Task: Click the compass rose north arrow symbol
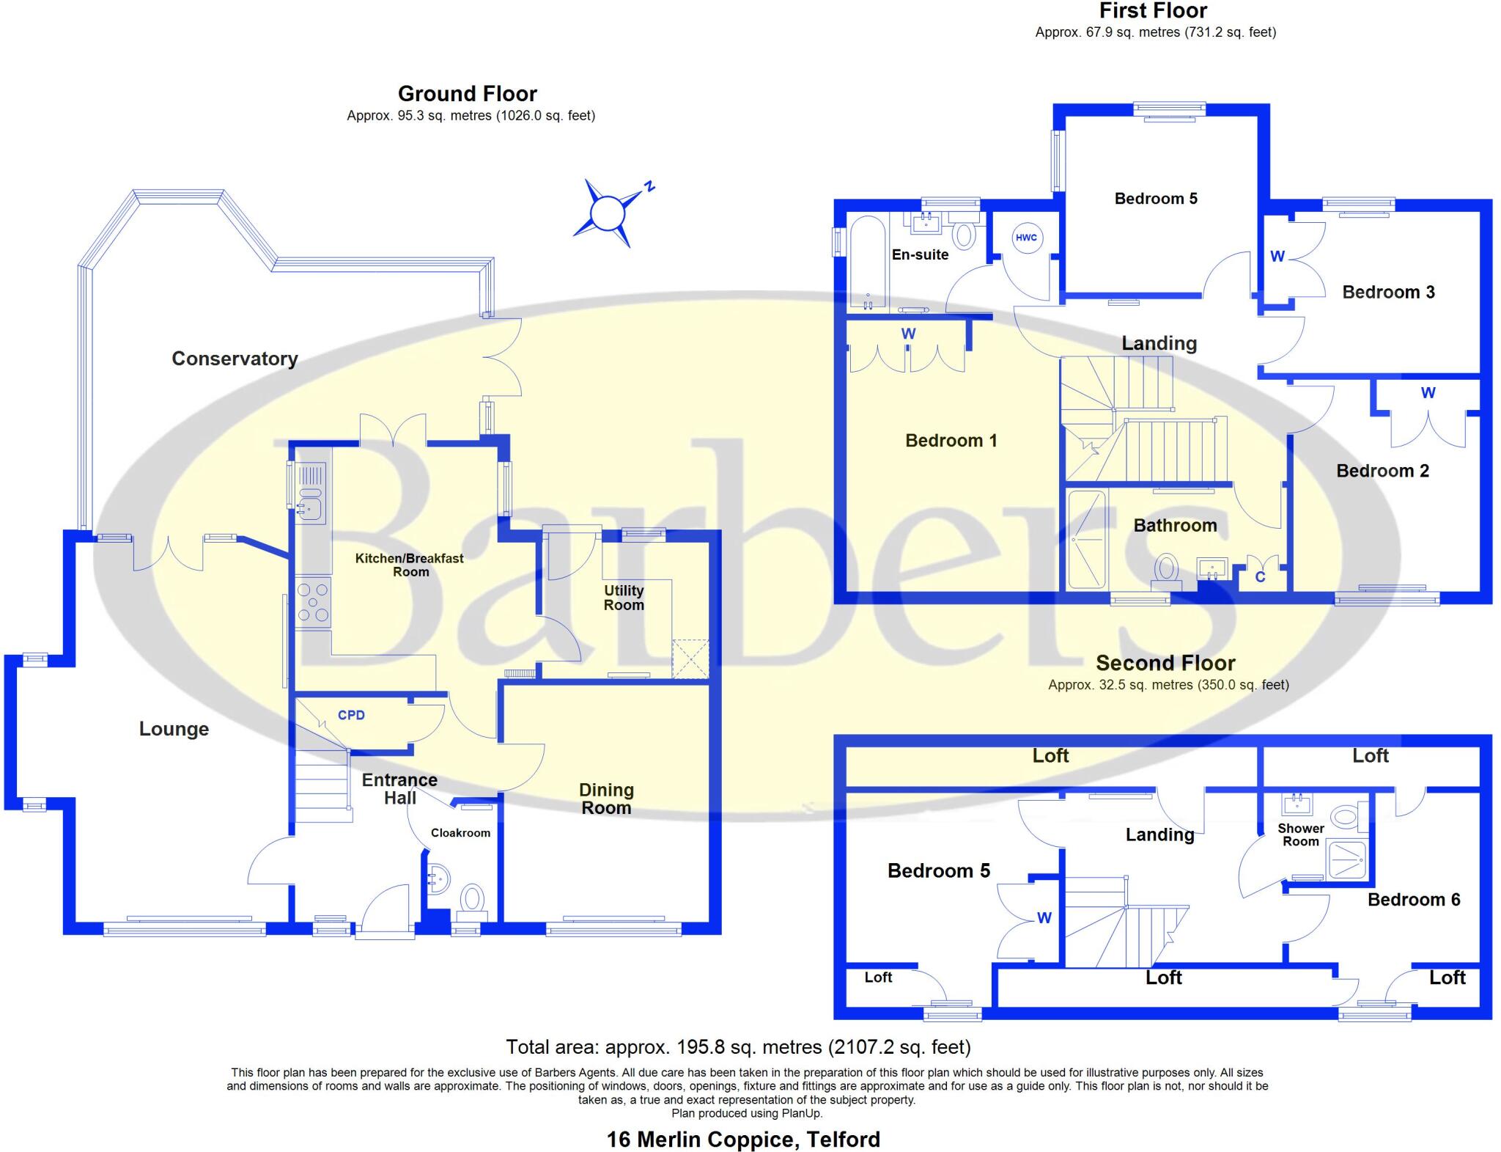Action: click(x=608, y=213)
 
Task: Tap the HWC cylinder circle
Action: click(x=1026, y=238)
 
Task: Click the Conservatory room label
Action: click(x=235, y=359)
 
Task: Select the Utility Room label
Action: click(x=624, y=598)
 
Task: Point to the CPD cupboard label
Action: click(x=351, y=715)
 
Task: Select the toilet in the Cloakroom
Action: click(x=472, y=899)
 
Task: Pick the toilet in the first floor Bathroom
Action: click(x=1165, y=568)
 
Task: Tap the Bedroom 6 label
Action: click(x=1413, y=900)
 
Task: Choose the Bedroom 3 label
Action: click(x=1388, y=292)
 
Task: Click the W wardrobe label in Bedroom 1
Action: click(x=908, y=334)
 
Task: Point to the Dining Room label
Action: click(x=606, y=799)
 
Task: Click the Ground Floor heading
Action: click(x=467, y=94)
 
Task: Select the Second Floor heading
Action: click(x=1165, y=663)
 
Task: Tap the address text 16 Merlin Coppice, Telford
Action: click(x=743, y=1140)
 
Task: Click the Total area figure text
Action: click(x=738, y=1046)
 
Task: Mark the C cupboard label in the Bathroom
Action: click(x=1260, y=577)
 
